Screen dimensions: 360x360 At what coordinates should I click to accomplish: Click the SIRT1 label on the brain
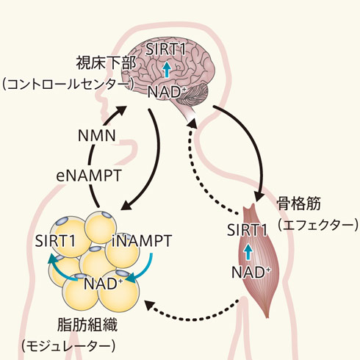coord(166,50)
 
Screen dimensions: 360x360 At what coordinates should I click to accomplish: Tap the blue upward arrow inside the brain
coord(167,70)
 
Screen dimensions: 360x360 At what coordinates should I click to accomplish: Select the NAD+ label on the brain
coord(167,92)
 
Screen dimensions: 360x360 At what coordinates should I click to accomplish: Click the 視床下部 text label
coord(106,63)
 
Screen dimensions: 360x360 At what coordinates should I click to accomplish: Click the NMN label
coord(97,135)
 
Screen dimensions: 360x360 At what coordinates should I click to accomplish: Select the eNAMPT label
coord(89,176)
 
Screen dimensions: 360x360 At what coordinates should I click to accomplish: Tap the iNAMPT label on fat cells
coord(142,241)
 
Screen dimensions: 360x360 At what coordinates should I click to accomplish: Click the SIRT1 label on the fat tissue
coord(55,241)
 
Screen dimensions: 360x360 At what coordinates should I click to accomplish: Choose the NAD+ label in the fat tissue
coord(103,284)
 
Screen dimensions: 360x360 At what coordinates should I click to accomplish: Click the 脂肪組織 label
coord(87,325)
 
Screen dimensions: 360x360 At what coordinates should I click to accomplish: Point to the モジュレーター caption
coord(68,346)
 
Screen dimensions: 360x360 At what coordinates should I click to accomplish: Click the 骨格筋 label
coord(299,204)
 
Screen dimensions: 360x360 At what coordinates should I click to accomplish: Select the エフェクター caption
coord(318,225)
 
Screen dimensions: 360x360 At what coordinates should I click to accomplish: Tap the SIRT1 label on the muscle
coord(247,230)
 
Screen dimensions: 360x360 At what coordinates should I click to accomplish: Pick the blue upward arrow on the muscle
coord(248,252)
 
